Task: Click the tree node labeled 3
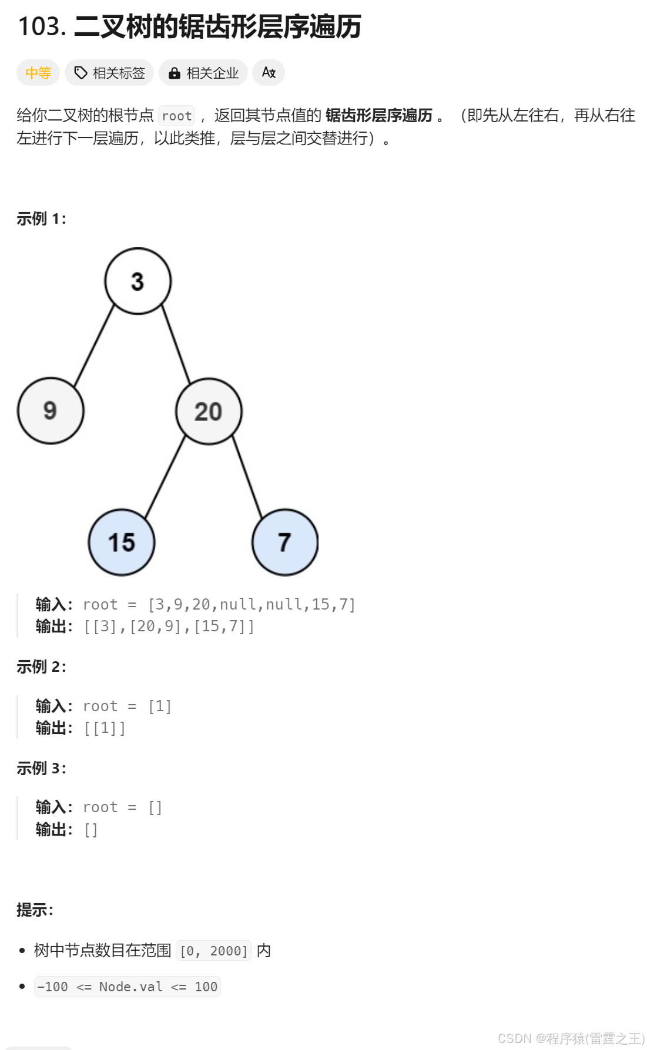[138, 281]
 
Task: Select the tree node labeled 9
[51, 410]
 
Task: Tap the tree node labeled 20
[209, 411]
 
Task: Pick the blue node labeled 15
[122, 542]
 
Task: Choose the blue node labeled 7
[285, 542]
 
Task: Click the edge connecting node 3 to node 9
[94, 345]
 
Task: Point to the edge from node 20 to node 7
[247, 477]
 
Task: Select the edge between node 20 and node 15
[165, 477]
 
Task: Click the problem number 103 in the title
[41, 26]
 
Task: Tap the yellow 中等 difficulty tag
[38, 73]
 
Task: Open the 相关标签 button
[109, 73]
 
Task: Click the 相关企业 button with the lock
[203, 73]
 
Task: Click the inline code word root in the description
[177, 116]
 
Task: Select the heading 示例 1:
[41, 219]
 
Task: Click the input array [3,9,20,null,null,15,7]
[252, 604]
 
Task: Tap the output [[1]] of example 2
[105, 728]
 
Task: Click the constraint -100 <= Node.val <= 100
[127, 987]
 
